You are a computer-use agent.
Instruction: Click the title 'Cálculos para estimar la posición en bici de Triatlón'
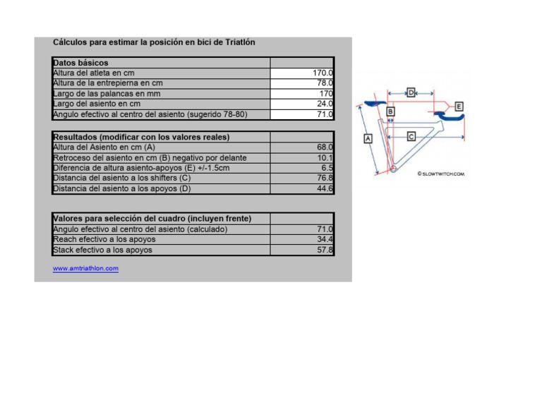click(154, 42)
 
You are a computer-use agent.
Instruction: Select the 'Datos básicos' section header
click(80, 63)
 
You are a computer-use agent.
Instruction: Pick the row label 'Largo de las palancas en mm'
click(107, 93)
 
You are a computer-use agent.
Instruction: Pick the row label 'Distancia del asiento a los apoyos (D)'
click(122, 188)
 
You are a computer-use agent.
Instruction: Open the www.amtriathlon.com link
click(85, 269)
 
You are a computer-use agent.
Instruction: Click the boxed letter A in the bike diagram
click(367, 139)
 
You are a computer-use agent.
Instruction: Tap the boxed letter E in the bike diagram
click(459, 106)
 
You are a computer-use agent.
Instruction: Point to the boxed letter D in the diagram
click(411, 92)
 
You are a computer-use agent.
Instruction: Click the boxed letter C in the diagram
click(411, 135)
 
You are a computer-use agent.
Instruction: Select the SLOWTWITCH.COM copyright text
click(441, 173)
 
